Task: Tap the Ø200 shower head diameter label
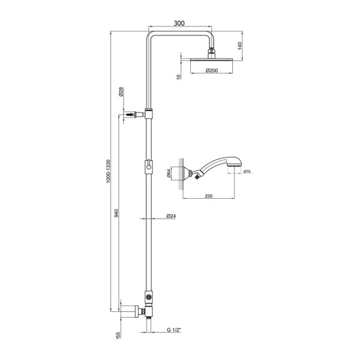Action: (211, 71)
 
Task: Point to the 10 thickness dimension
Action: (178, 77)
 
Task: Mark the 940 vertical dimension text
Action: (117, 213)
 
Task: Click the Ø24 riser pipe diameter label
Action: (170, 216)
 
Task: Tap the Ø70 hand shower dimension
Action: (247, 172)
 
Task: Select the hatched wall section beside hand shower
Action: (178, 174)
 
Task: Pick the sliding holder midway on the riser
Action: (148, 166)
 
